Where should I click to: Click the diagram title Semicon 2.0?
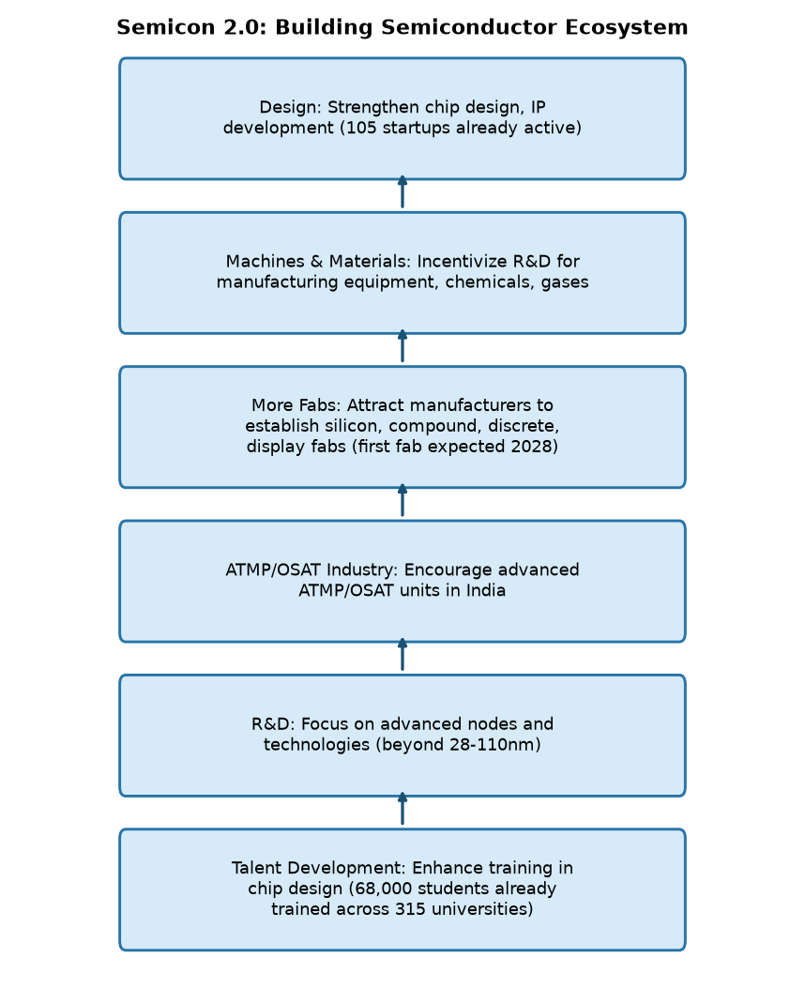402,28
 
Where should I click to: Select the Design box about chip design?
402,118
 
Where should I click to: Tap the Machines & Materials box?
402,273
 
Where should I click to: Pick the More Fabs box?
402,427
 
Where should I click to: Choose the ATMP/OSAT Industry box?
402,582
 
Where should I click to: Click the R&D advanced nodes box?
402,736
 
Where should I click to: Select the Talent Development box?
402,889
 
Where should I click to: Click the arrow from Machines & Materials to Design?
402,191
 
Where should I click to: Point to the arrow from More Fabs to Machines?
402,346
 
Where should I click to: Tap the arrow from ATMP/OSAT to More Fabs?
402,500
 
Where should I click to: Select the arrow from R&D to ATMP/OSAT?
402,655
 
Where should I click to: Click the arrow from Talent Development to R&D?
402,809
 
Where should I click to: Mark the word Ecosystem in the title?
626,28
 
